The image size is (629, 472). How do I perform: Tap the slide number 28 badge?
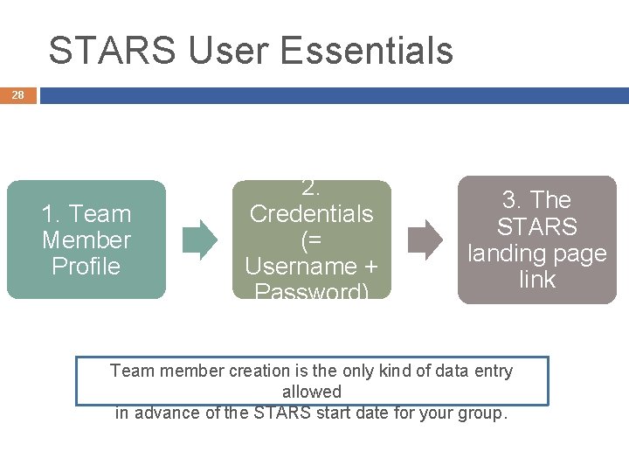17,94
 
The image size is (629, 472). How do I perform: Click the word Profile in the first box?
86,267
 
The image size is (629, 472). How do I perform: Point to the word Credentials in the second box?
311,214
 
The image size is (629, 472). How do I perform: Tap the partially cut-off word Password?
311,292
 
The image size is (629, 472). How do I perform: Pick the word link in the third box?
536,280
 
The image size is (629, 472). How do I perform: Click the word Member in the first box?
86,240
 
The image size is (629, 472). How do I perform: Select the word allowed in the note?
312,392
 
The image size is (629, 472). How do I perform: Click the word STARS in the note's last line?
281,413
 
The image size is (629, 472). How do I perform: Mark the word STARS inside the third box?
536,227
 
